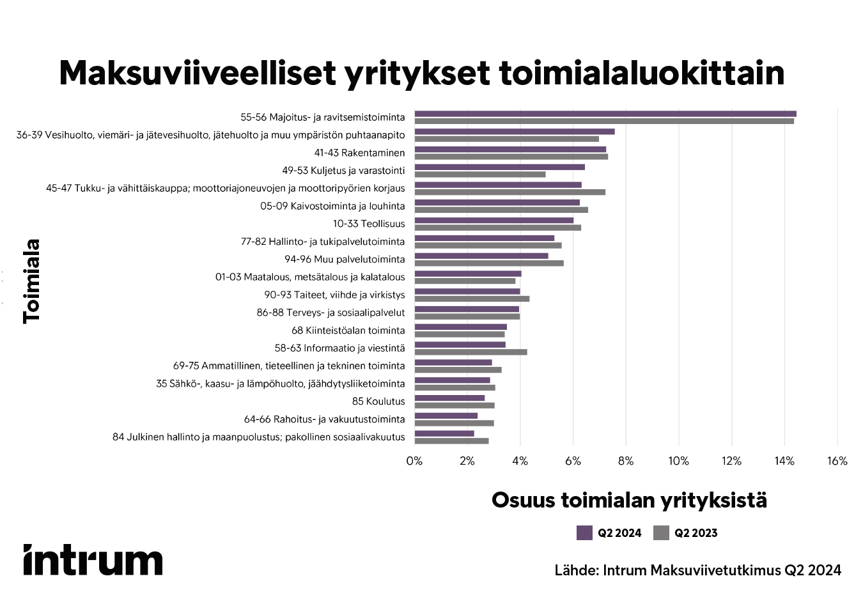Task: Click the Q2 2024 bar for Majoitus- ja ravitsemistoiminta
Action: [x=605, y=114]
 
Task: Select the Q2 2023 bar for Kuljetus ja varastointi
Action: [x=480, y=175]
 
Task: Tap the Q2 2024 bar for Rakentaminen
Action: [x=510, y=150]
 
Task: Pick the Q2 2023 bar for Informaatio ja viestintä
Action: [x=470, y=352]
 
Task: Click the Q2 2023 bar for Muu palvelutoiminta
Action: [x=489, y=263]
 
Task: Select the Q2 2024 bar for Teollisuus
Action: [x=494, y=220]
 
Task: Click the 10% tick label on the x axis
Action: [x=678, y=461]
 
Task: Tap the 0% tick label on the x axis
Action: [x=414, y=461]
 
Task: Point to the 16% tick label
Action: [x=837, y=461]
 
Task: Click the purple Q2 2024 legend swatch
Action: [x=584, y=533]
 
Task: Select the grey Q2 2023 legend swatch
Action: [x=661, y=533]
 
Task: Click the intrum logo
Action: [x=93, y=560]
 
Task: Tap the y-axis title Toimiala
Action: [x=31, y=281]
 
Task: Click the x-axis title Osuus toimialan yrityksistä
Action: [x=629, y=500]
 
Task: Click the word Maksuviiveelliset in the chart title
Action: [x=197, y=74]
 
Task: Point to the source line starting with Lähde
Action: [x=697, y=570]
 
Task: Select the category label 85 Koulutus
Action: [x=378, y=401]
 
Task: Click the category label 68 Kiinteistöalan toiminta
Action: [x=348, y=330]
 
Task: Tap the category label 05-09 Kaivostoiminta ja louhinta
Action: [x=332, y=206]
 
